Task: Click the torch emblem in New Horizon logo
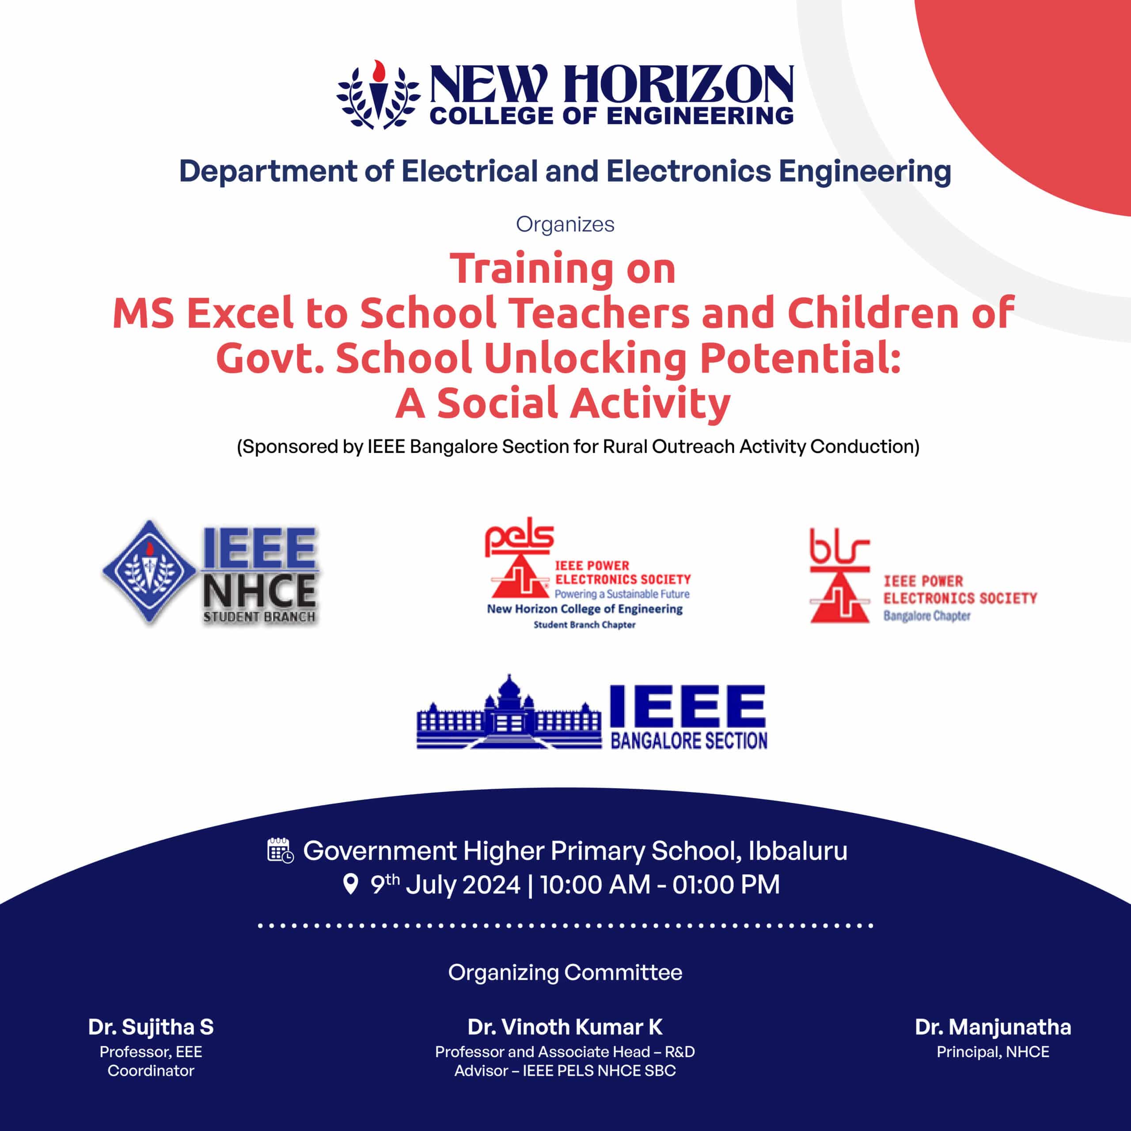pos(378,94)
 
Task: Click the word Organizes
pos(565,224)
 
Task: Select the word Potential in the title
pos(800,358)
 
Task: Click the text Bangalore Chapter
pos(927,616)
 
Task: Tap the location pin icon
pos(350,884)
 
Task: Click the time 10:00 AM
pos(595,884)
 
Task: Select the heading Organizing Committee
pos(565,972)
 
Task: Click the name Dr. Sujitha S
pos(151,1027)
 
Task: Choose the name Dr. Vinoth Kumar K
pos(565,1027)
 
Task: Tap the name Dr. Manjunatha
pos(993,1027)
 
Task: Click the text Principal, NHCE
pos(993,1052)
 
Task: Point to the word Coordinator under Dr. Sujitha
pos(151,1071)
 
